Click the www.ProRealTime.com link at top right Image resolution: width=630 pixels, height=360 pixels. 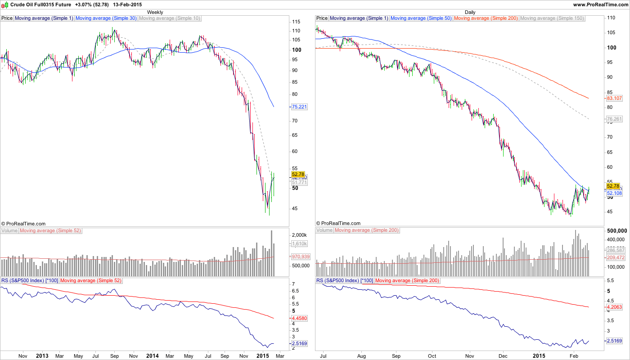click(x=600, y=4)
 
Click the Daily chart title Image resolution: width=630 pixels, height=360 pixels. click(x=470, y=12)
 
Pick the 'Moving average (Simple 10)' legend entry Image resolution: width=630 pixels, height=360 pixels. click(x=170, y=18)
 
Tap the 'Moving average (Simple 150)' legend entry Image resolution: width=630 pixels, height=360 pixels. click(x=552, y=18)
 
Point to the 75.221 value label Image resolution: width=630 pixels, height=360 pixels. click(x=299, y=107)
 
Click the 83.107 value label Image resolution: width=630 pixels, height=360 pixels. click(x=614, y=98)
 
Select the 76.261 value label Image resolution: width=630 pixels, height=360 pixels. click(x=614, y=119)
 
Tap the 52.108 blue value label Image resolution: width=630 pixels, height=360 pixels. click(x=614, y=193)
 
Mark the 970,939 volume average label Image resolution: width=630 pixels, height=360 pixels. click(x=300, y=256)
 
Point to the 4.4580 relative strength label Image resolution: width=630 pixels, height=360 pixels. click(x=300, y=318)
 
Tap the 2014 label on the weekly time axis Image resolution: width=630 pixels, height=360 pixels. click(x=152, y=356)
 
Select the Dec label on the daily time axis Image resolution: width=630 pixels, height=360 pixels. click(x=503, y=356)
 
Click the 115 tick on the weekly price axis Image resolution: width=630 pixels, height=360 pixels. click(x=296, y=22)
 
